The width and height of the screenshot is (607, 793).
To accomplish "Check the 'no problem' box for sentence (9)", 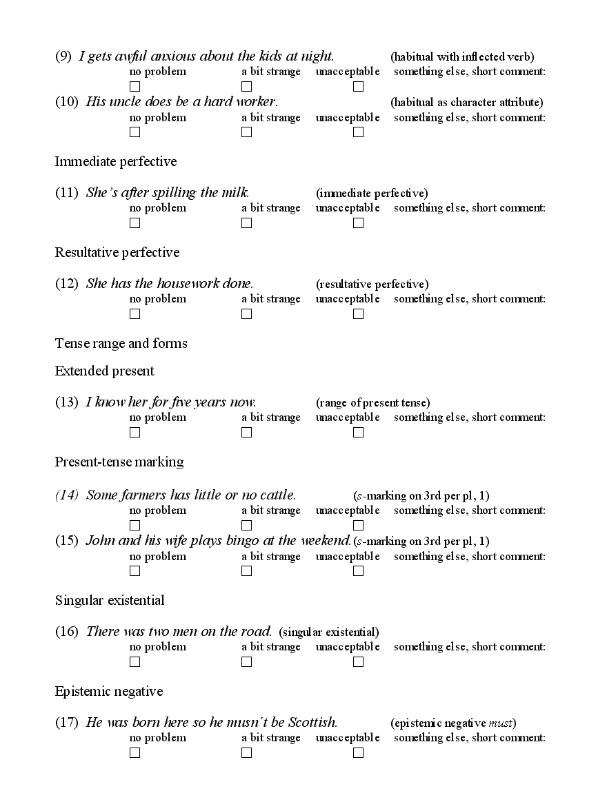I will (x=135, y=87).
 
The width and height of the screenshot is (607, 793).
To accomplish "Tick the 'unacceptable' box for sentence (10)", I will (x=358, y=132).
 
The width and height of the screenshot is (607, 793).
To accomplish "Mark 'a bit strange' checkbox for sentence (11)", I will (x=247, y=223).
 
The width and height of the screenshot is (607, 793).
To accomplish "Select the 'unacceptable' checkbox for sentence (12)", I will (x=358, y=314).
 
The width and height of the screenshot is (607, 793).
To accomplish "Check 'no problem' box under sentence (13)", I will (x=135, y=433).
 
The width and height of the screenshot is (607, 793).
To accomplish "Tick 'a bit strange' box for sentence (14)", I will (x=247, y=526).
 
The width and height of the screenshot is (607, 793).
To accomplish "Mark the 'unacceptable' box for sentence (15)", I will (x=358, y=571).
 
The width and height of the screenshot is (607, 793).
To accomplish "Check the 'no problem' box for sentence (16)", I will (x=135, y=662).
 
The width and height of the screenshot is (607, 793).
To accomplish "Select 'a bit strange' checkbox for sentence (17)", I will (x=247, y=753).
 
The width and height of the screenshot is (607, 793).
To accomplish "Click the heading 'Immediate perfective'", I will (x=116, y=162).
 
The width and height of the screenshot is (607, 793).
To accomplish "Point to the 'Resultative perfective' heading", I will (x=117, y=253).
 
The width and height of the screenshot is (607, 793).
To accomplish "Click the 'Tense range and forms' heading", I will (x=121, y=344).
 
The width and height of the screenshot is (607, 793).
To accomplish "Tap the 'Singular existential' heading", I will (x=110, y=601).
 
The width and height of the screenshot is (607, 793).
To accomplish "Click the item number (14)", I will (x=67, y=495).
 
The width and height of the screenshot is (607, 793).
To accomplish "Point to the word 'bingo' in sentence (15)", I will (x=243, y=541).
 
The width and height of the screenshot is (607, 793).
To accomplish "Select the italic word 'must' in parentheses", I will (x=501, y=723).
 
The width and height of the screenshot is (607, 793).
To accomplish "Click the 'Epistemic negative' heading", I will (x=109, y=692).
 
